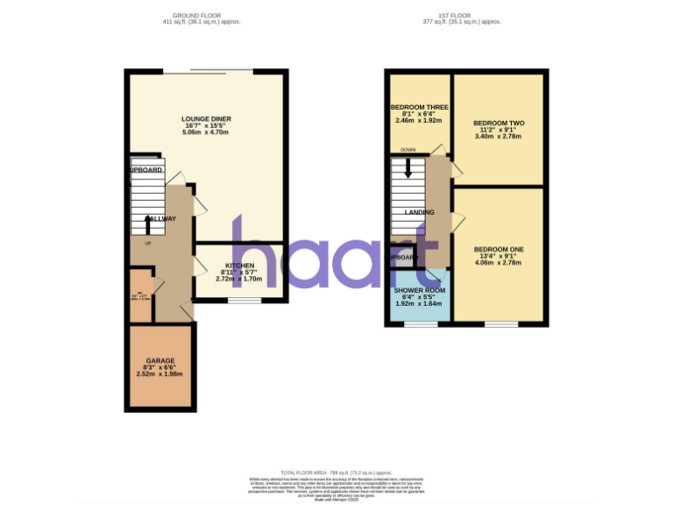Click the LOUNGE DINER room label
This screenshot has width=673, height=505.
click(x=205, y=118)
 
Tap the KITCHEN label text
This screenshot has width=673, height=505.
click(x=240, y=265)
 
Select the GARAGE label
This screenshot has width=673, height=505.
click(x=160, y=360)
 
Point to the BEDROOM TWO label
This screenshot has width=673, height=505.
click(x=498, y=123)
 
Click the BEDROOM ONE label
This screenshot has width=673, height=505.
click(x=498, y=250)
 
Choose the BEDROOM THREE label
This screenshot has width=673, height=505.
click(x=419, y=106)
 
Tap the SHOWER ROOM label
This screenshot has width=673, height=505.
click(x=420, y=290)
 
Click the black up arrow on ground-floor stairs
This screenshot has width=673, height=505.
click(x=146, y=226)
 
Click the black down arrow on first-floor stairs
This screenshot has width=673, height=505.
click(x=407, y=168)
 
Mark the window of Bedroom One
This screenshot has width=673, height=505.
click(x=500, y=324)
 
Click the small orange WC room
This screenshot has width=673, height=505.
click(x=140, y=296)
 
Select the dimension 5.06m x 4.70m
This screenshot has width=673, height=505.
click(x=205, y=132)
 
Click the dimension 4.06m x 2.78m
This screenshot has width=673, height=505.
click(x=498, y=263)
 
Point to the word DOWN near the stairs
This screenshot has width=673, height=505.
click(x=407, y=150)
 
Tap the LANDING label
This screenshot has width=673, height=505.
click(x=420, y=212)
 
